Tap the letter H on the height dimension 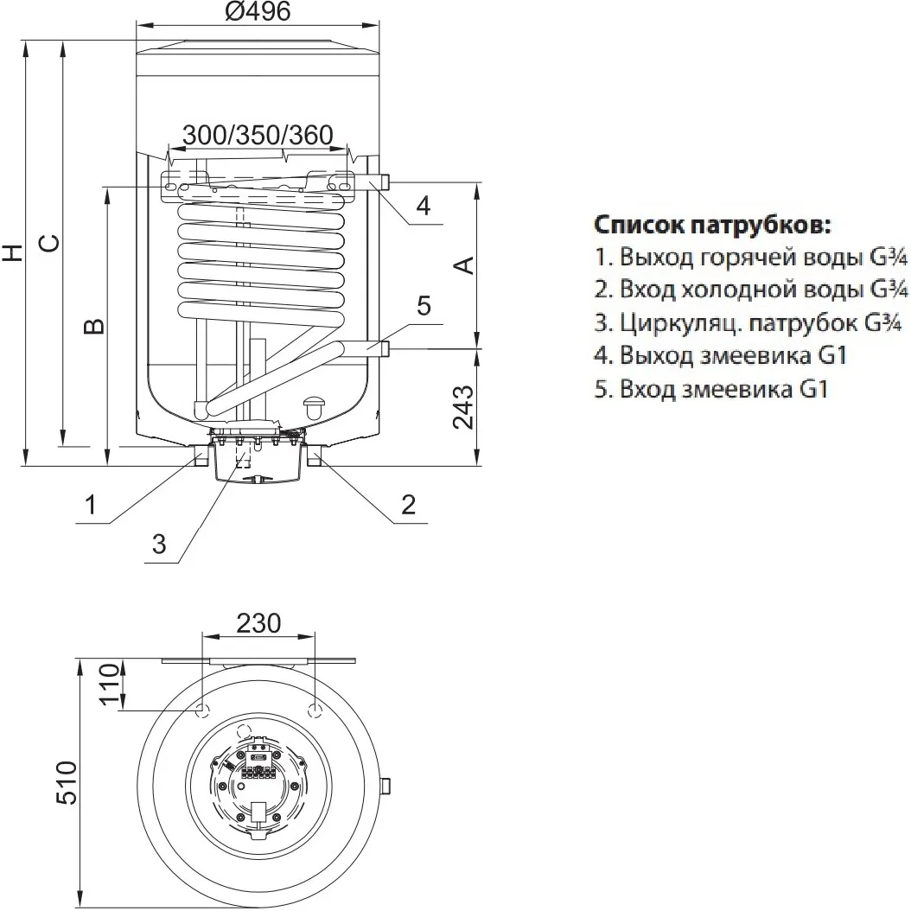(12, 252)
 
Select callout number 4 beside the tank (422, 206)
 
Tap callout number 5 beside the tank (423, 305)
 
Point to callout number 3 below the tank (158, 543)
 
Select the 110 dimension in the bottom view (108, 685)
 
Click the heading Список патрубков (713, 226)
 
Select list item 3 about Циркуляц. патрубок (749, 324)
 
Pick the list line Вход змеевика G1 (711, 389)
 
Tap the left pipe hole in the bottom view (202, 710)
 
